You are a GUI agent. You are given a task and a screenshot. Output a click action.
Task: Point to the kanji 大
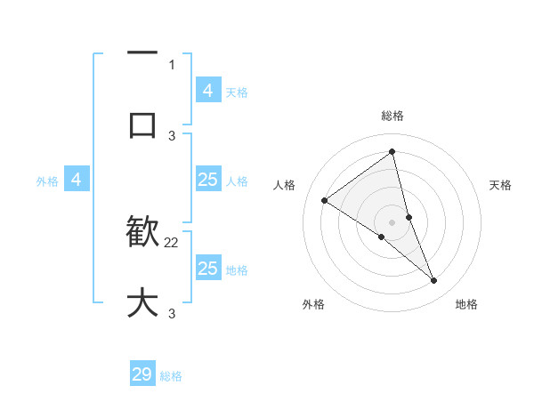[142, 302]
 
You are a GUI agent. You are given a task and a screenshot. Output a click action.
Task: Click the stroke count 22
[172, 242]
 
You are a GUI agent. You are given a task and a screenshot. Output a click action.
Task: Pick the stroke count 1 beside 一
[172, 64]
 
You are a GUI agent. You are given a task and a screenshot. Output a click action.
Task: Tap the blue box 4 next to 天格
[207, 90]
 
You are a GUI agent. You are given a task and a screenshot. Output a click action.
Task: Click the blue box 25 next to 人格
[207, 180]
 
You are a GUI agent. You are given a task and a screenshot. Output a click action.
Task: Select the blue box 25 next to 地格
[207, 268]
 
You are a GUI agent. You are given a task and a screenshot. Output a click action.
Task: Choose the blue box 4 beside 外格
[77, 180]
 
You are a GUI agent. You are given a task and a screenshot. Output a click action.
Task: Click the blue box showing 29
[142, 374]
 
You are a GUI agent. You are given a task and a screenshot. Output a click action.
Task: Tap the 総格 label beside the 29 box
[171, 376]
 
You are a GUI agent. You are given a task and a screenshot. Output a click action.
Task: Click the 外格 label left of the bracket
[47, 181]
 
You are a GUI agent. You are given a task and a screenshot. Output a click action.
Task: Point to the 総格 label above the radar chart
[392, 116]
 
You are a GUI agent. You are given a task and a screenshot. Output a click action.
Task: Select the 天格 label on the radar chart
[501, 185]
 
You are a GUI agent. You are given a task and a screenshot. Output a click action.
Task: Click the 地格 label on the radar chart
[466, 304]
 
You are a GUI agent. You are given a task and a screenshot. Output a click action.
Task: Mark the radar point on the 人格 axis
[324, 200]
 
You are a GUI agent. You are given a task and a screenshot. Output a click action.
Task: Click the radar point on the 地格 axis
[434, 281]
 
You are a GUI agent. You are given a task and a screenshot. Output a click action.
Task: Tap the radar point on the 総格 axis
[392, 152]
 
